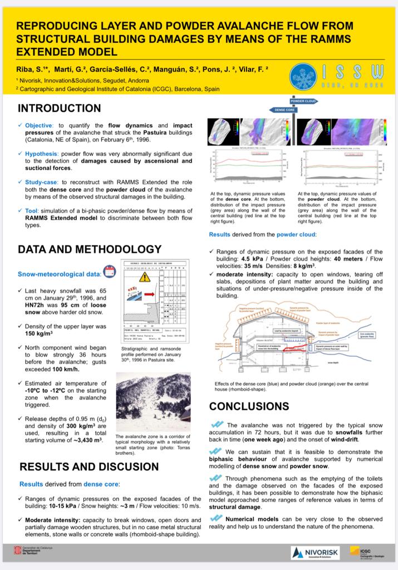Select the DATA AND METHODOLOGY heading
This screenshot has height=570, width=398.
[90, 249]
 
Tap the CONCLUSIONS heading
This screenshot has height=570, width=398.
[249, 406]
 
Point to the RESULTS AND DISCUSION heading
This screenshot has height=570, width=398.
[89, 466]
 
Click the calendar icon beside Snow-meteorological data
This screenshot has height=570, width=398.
[110, 272]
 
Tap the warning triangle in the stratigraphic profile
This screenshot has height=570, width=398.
[145, 277]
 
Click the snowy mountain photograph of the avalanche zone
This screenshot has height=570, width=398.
[153, 402]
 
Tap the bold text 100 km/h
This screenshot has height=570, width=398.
[70, 369]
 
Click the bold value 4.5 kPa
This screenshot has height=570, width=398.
[251, 259]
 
